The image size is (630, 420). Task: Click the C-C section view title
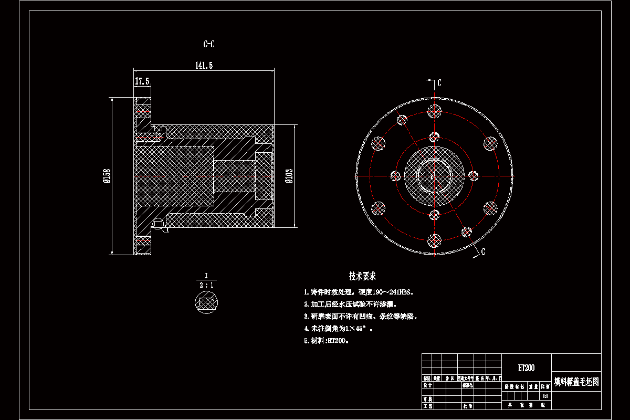click(209, 45)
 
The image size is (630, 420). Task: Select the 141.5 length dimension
click(204, 66)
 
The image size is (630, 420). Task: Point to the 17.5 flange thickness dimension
click(142, 81)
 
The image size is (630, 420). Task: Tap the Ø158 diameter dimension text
click(107, 176)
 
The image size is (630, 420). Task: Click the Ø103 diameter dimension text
click(288, 176)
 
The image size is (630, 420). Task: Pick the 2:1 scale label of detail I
click(206, 285)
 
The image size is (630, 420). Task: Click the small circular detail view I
click(206, 303)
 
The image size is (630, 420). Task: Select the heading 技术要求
click(363, 276)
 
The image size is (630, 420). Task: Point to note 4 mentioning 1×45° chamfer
click(339, 329)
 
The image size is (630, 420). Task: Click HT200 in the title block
click(526, 368)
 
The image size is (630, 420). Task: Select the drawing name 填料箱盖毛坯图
click(576, 382)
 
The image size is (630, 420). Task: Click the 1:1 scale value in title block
click(545, 396)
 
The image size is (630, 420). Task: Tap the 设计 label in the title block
click(427, 385)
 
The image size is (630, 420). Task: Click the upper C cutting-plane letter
click(439, 83)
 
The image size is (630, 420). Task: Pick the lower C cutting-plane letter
click(482, 252)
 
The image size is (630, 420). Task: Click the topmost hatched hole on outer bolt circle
click(434, 111)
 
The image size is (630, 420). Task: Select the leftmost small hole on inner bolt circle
click(395, 176)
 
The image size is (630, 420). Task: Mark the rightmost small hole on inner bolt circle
click(473, 175)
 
